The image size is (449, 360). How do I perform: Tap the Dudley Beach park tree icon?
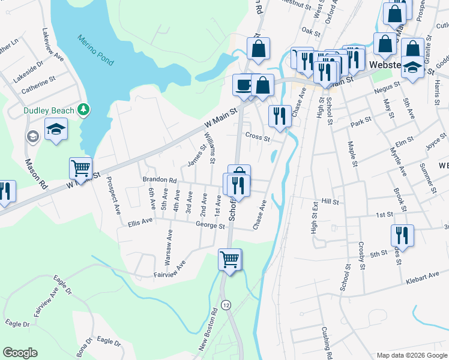point(85,109)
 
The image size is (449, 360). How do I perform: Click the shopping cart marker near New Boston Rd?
point(229,259)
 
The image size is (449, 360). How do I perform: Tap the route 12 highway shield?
point(226,305)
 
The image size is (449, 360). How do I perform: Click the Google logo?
point(19,353)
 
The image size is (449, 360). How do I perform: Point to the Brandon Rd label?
point(159,179)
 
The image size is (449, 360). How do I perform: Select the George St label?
point(210,226)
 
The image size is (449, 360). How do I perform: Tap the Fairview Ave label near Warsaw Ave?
point(169,270)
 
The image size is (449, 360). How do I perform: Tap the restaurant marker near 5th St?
point(401,235)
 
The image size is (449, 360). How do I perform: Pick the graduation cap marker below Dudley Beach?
point(56,129)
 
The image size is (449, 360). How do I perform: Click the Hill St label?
point(330,202)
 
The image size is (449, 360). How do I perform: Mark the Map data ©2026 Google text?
point(412,355)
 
